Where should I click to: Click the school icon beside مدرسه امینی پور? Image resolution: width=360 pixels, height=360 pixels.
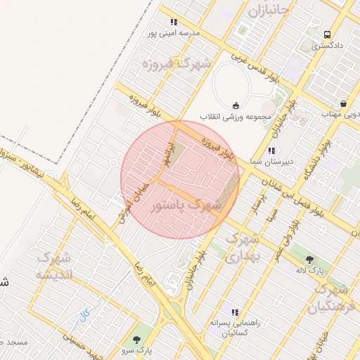pyautogui.click(x=174, y=22)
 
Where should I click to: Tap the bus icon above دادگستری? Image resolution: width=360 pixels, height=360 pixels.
pyautogui.click(x=328, y=34)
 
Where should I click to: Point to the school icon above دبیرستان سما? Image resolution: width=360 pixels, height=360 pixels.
pyautogui.click(x=271, y=150)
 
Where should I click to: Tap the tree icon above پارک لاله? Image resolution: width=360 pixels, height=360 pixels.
pyautogui.click(x=310, y=259)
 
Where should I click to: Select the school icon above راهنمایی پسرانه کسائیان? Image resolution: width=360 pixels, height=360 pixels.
pyautogui.click(x=235, y=312)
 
